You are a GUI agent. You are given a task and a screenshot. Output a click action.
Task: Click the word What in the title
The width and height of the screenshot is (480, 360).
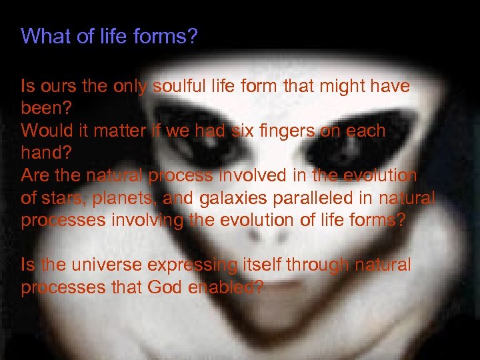point(41,36)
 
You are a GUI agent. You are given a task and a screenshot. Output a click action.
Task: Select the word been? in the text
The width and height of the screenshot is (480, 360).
point(43,108)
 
